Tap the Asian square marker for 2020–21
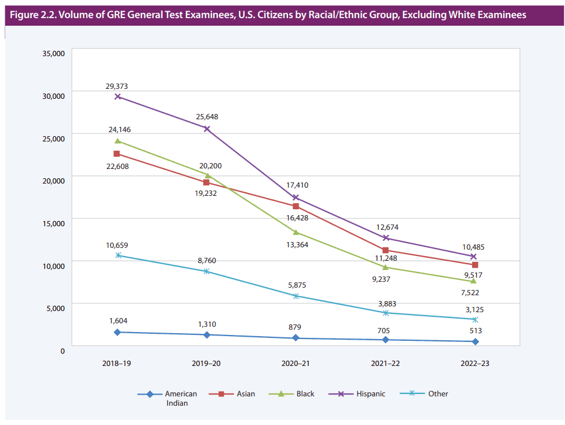click(x=296, y=206)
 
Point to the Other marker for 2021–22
click(x=386, y=313)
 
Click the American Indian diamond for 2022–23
click(x=475, y=341)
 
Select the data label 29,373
click(x=117, y=87)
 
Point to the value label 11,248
click(x=386, y=258)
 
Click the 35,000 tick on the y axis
click(x=53, y=54)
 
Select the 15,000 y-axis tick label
click(x=53, y=223)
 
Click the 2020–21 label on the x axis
click(x=296, y=363)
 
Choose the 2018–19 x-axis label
click(x=117, y=363)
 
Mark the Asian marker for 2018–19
click(x=117, y=154)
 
